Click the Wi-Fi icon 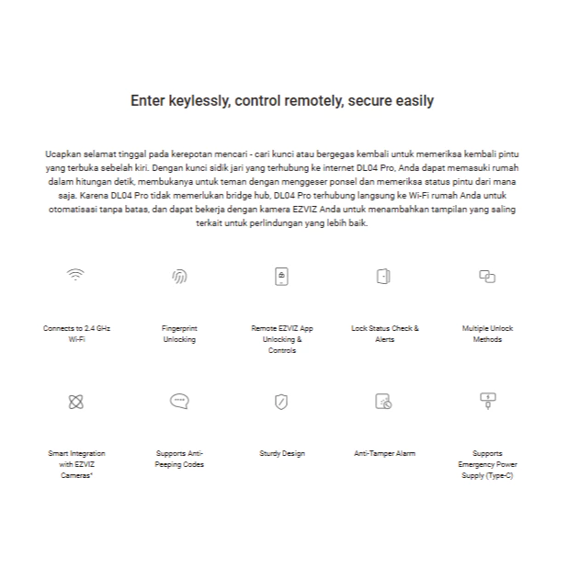coord(76,275)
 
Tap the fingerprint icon coord(179,276)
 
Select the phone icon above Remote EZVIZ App coord(282,276)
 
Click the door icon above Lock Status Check coord(384,276)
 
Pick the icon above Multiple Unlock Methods coord(487,276)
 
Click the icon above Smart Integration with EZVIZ coord(76,402)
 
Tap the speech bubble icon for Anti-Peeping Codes coord(179,401)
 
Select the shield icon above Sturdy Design coord(282,402)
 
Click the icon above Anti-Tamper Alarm coord(384,402)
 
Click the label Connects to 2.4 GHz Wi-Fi coord(76,334)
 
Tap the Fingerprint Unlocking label coord(179,334)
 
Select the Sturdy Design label coord(282,453)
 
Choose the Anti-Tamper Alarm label coord(384,453)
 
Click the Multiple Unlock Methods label coord(487,334)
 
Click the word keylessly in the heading coord(195,101)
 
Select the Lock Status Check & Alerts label coord(384,334)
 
